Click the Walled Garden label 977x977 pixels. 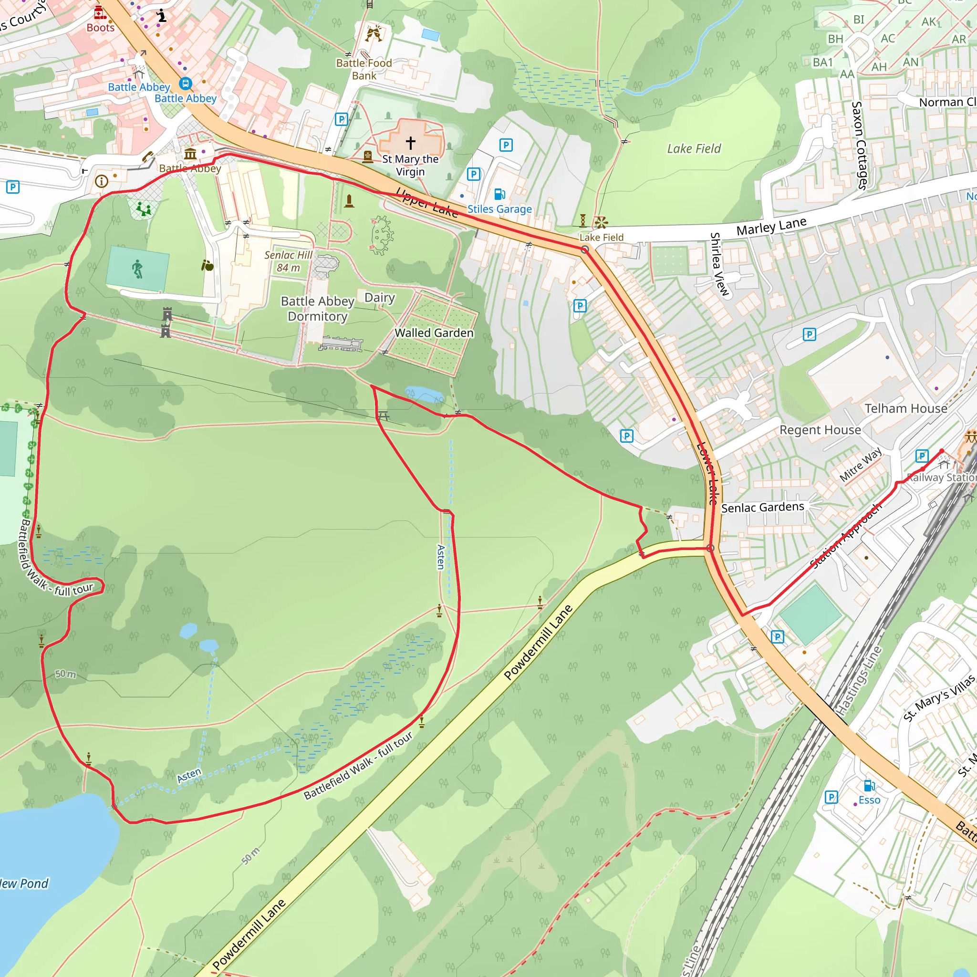pyautogui.click(x=434, y=333)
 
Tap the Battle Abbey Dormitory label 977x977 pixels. pyautogui.click(x=318, y=309)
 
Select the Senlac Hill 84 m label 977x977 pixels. pyautogui.click(x=288, y=261)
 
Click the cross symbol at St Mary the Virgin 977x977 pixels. pyautogui.click(x=411, y=143)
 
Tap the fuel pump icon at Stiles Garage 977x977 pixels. pyautogui.click(x=499, y=194)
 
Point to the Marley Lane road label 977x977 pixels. pyautogui.click(x=771, y=226)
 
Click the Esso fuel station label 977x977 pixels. pyautogui.click(x=869, y=800)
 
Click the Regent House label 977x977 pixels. pyautogui.click(x=820, y=430)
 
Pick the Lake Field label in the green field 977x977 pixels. pyautogui.click(x=694, y=149)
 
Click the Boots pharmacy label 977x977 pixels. pyautogui.click(x=101, y=28)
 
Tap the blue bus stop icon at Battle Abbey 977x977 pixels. pyautogui.click(x=186, y=83)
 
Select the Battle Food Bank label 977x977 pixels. pyautogui.click(x=364, y=69)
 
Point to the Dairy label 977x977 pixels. pyautogui.click(x=380, y=297)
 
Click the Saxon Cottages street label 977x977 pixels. pyautogui.click(x=858, y=145)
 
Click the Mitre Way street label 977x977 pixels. pyautogui.click(x=861, y=464)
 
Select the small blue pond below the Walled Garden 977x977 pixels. pyautogui.click(x=424, y=394)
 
